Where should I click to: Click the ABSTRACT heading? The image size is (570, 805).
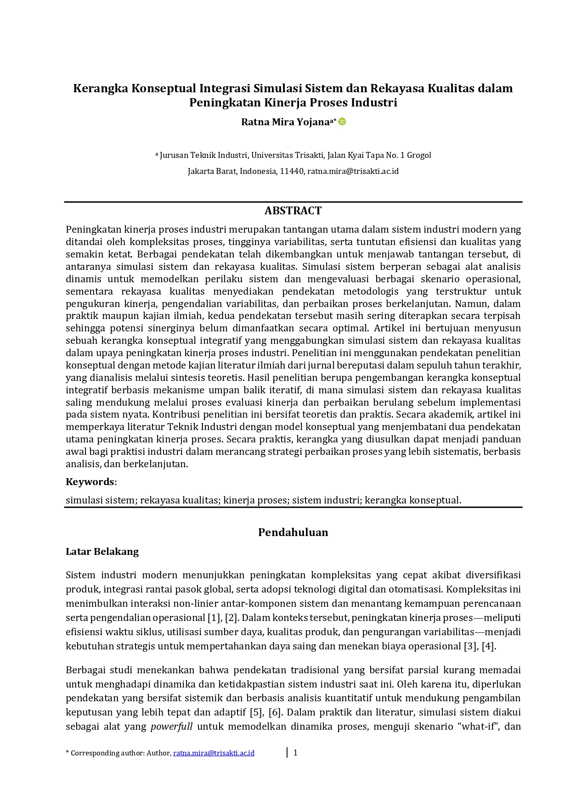pos(293,211)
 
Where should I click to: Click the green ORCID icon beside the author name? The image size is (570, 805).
pos(342,122)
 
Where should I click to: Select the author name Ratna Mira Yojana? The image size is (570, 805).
pos(285,122)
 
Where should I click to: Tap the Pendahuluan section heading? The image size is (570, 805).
pos(293,532)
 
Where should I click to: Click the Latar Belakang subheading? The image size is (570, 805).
pos(102,552)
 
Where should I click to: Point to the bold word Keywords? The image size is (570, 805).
pos(90,482)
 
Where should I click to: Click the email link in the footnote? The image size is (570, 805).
pos(214,753)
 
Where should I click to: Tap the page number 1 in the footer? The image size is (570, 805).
pos(295,753)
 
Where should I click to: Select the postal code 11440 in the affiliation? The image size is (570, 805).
pos(292,172)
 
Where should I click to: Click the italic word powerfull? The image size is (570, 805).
pos(171,727)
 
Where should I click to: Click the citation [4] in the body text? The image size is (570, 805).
pos(488,646)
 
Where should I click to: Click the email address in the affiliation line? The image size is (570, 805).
pos(353,172)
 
